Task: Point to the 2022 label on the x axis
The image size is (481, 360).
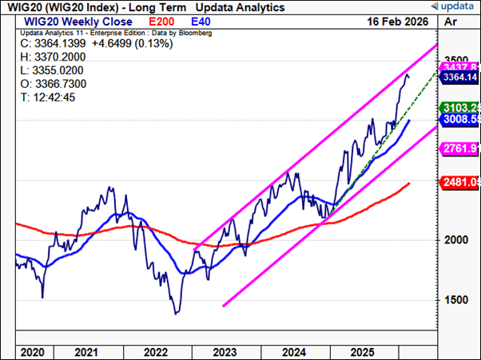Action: coord(154,351)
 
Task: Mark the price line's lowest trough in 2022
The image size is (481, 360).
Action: coord(176,313)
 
